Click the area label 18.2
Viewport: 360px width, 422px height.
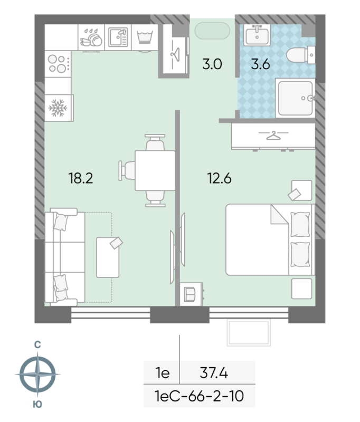pyautogui.click(x=80, y=178)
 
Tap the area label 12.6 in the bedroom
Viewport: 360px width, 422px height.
pyautogui.click(x=219, y=178)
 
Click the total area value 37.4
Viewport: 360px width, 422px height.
pyautogui.click(x=214, y=373)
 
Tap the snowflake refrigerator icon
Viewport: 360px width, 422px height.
pyautogui.click(x=58, y=108)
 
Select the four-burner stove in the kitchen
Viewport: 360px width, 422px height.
pyautogui.click(x=58, y=64)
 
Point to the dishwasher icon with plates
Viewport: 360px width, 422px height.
pyautogui.click(x=92, y=38)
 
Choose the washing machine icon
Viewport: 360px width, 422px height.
pyautogui.click(x=144, y=37)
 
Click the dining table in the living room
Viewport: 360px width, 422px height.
pyautogui.click(x=155, y=170)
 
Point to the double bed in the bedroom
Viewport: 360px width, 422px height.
pyautogui.click(x=269, y=240)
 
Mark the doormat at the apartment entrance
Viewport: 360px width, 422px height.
pyautogui.click(x=213, y=30)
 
